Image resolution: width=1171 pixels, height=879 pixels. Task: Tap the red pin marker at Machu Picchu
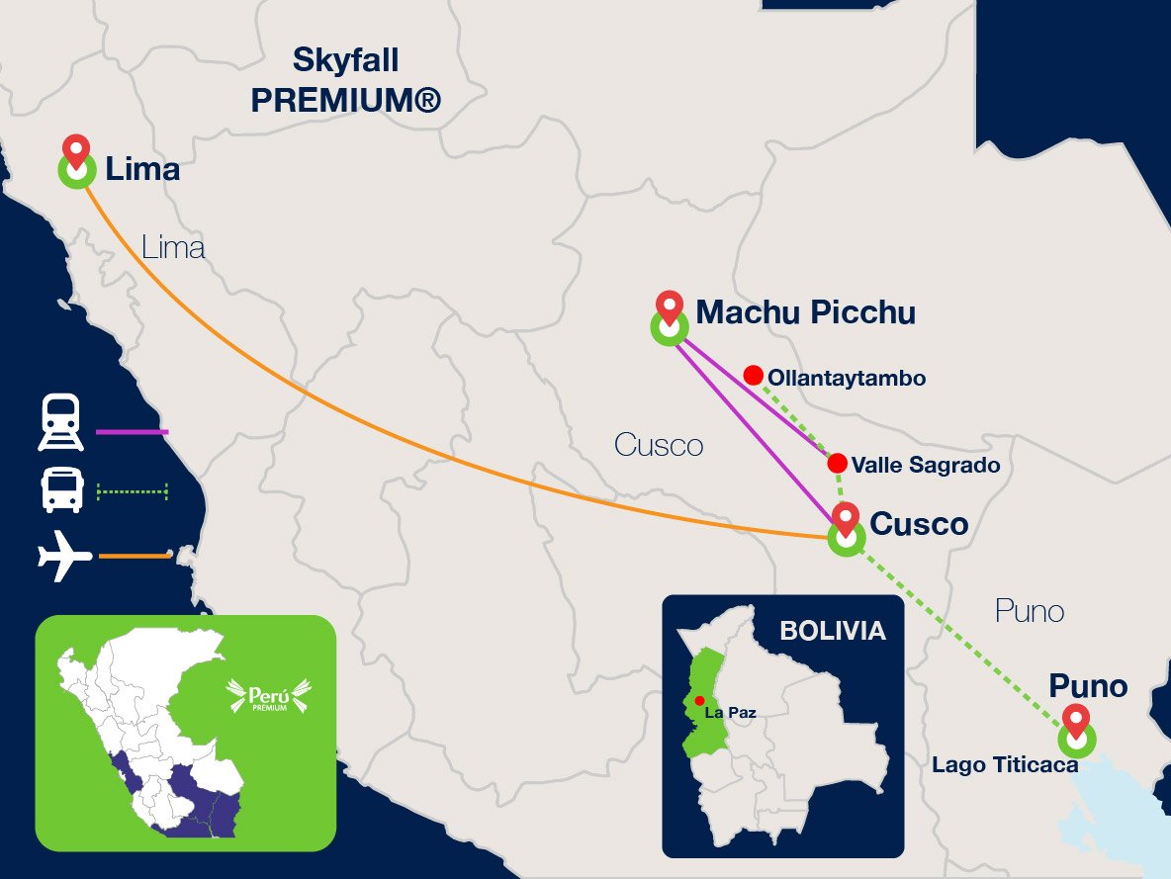(x=671, y=307)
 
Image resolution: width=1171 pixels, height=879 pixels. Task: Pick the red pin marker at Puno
(x=1076, y=720)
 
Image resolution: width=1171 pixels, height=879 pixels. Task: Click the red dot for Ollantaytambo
(x=753, y=376)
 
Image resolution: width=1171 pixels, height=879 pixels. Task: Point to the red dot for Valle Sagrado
(x=837, y=463)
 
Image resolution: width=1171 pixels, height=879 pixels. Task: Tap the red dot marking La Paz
(x=700, y=701)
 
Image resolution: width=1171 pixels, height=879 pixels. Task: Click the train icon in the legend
(x=61, y=423)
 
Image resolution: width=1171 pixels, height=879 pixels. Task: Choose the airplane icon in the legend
(x=64, y=558)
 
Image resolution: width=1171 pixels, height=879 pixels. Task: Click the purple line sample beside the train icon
(x=133, y=432)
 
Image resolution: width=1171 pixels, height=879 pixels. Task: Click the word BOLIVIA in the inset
(x=833, y=631)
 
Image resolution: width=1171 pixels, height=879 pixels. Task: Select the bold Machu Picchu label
(x=805, y=313)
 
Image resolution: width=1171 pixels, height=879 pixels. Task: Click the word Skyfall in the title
(x=346, y=61)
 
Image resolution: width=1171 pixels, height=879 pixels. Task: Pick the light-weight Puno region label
(x=1029, y=612)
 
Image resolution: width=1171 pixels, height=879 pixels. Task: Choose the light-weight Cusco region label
(x=659, y=445)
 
